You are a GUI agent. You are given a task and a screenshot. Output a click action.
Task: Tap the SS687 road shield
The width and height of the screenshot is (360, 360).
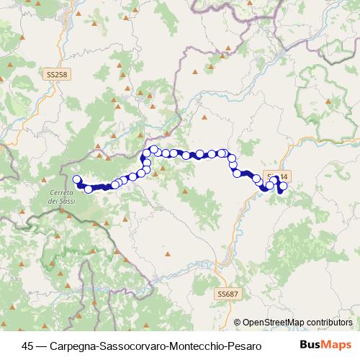coord(226,294)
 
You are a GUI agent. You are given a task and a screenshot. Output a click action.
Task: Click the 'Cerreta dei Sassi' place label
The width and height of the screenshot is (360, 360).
coord(63,197)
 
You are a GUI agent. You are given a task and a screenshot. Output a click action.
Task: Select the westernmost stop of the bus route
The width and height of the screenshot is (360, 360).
coord(77,179)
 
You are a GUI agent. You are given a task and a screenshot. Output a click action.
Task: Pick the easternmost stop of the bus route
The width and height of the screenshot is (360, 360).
coord(283,186)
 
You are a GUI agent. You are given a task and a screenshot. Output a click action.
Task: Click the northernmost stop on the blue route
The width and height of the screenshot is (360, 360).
coord(153,149)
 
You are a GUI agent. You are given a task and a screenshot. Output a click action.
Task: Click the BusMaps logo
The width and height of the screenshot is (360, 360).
coord(326,345)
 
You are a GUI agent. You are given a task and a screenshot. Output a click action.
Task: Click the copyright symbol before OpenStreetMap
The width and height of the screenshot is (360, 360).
coord(238,323)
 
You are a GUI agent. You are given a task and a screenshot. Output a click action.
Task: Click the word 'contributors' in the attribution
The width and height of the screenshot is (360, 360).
coord(328,323)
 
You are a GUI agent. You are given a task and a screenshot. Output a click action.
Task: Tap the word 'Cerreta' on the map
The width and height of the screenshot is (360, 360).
coord(63,192)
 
